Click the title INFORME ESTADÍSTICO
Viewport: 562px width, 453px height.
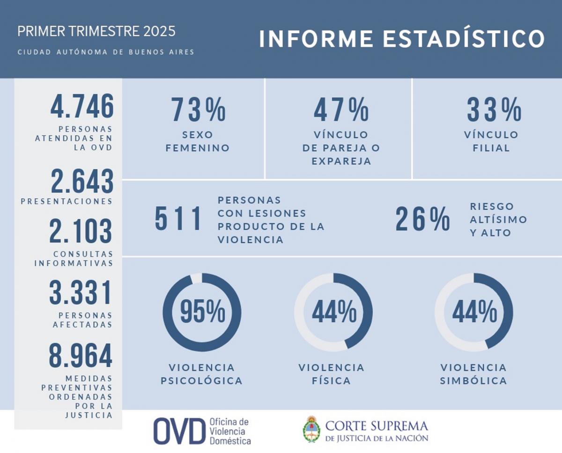coord(402,39)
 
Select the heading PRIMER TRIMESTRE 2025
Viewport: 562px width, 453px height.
coord(96,32)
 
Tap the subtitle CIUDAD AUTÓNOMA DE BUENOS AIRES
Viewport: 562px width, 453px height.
coord(106,52)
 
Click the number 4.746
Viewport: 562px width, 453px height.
coord(82,107)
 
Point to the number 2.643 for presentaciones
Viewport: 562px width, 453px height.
coord(82,182)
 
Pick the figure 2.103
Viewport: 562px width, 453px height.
coord(81,232)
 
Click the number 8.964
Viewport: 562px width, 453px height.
coord(81,356)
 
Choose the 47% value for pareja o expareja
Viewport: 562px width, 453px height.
coord(341,110)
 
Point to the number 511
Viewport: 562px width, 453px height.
coord(178,219)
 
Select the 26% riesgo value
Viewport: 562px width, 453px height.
coord(422,219)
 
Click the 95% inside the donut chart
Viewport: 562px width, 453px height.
coord(202,312)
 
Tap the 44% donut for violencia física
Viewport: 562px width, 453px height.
coord(333,312)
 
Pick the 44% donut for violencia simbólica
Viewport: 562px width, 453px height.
coord(473,312)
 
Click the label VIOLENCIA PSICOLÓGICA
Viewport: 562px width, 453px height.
coord(202,374)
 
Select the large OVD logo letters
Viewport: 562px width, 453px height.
coord(179,431)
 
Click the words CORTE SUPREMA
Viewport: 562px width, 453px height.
coord(377,426)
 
